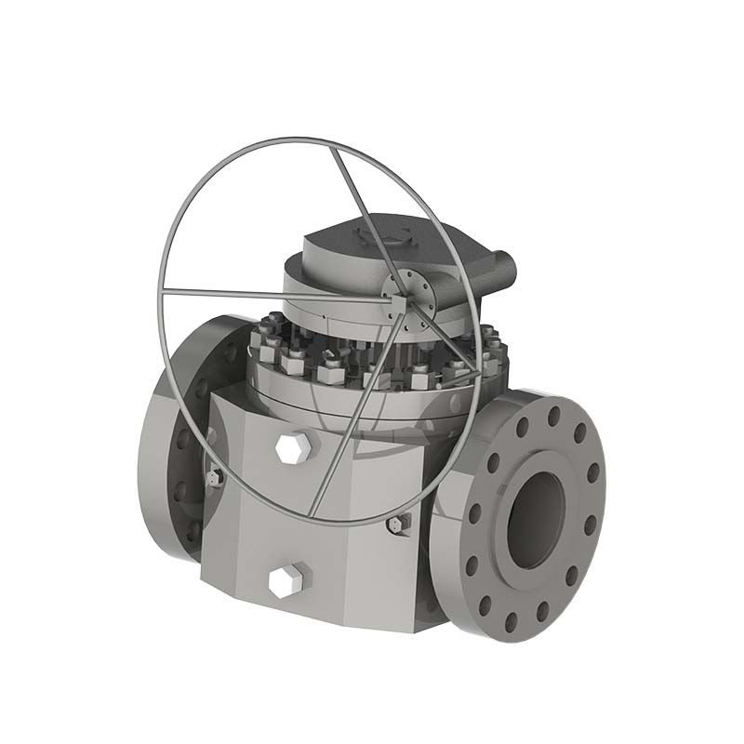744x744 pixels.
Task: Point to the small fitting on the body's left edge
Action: click(214, 477)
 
